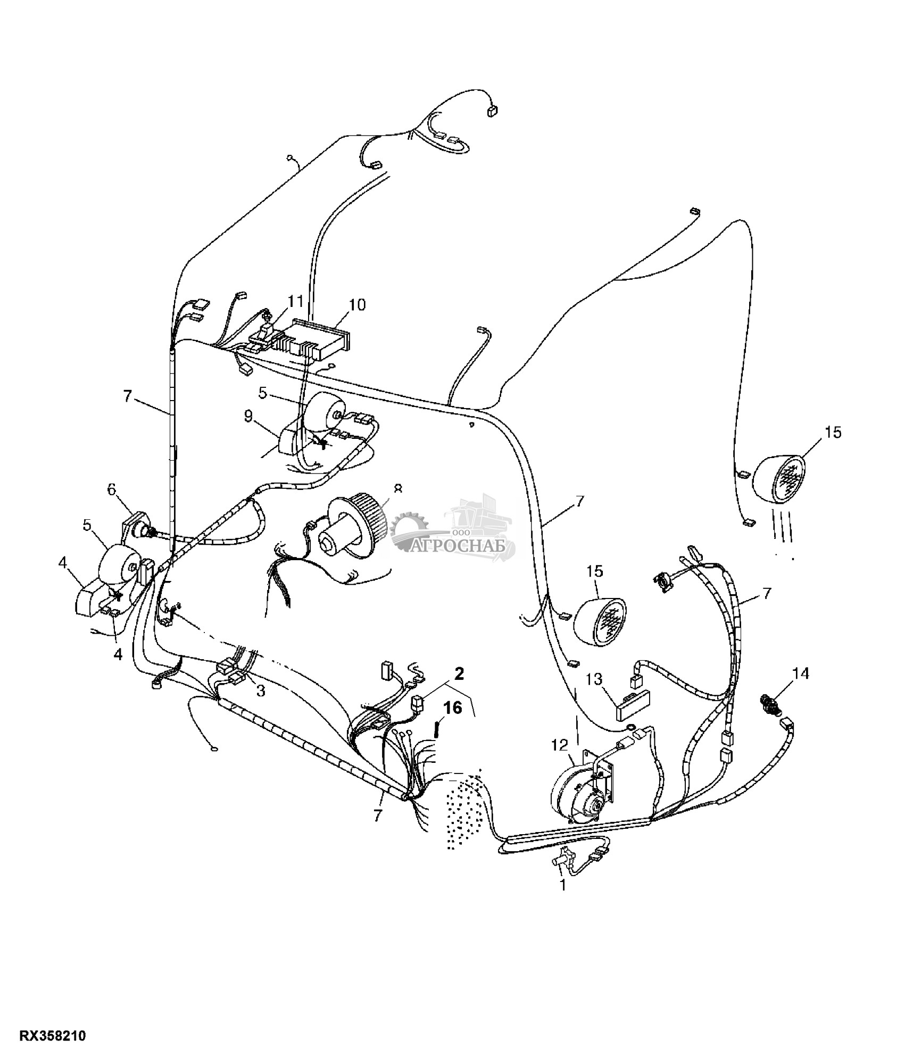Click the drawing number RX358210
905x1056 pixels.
(x=53, y=1036)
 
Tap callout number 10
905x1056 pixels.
(x=357, y=305)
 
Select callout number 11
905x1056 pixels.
(x=295, y=301)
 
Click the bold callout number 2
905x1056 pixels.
(x=458, y=673)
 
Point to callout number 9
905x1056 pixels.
(x=248, y=416)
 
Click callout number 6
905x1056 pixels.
(x=112, y=489)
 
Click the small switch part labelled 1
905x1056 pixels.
(x=563, y=858)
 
